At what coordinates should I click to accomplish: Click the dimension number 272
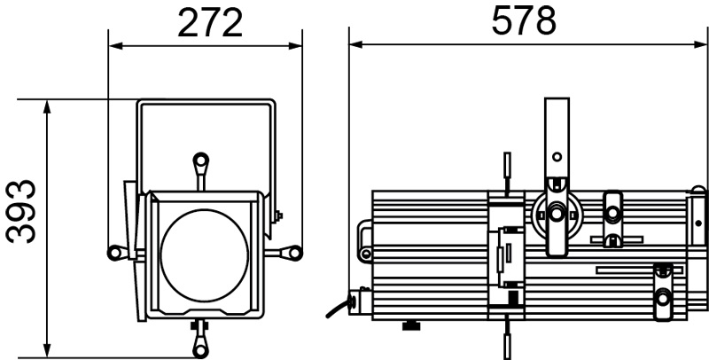point(210,23)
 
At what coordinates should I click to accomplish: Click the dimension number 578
point(524,20)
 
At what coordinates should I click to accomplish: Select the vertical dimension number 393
point(20,211)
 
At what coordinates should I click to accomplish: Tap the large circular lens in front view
point(205,255)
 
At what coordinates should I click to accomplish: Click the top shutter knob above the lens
point(201,160)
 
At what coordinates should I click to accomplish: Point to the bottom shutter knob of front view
point(199,349)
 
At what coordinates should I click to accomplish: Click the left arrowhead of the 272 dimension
point(116,46)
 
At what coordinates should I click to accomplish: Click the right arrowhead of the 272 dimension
point(295,46)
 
